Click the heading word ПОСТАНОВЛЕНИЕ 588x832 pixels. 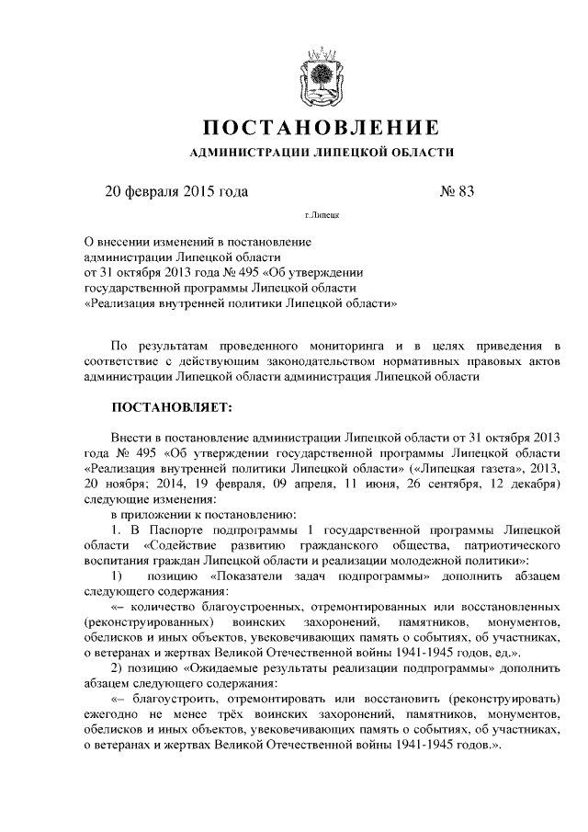[321, 126]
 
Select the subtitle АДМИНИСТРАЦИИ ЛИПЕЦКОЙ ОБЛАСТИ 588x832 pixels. [321, 153]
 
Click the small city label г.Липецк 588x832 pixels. [321, 220]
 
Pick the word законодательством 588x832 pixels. [298, 360]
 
